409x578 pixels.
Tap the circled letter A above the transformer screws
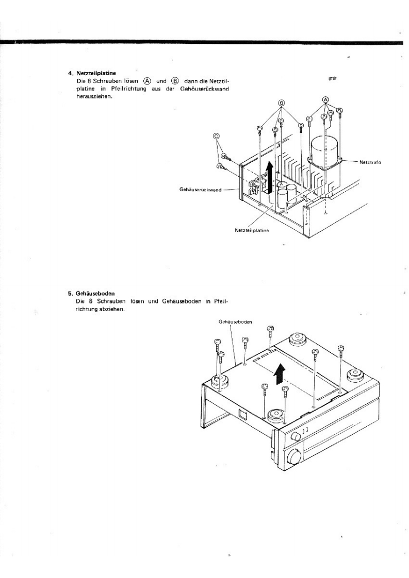325,99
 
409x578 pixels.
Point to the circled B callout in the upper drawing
282,103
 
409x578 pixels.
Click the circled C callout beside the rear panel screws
217,136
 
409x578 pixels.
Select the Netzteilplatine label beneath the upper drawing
252,230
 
